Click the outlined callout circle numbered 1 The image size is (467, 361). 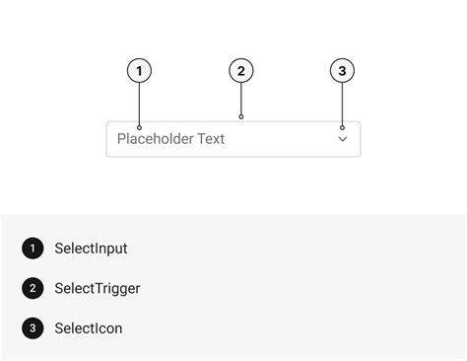pos(140,71)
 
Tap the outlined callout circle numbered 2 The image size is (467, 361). pos(241,71)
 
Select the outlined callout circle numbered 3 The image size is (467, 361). pos(342,71)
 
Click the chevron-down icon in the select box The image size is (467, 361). pos(343,139)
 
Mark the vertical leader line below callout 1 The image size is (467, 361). pos(140,105)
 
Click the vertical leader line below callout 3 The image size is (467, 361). pos(342,105)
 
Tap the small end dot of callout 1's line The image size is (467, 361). pos(140,127)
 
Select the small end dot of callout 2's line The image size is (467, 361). pos(241,117)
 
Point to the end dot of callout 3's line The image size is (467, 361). pos(342,127)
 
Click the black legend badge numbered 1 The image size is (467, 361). pos(33,249)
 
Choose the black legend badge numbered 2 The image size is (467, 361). pos(33,288)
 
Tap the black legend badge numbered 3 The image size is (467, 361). pos(33,328)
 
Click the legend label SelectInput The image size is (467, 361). pos(91,249)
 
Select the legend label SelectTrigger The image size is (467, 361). pos(98,289)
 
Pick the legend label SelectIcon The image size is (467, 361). pos(89,328)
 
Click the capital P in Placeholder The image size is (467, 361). pos(121,139)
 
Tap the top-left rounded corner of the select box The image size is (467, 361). pos(108,123)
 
